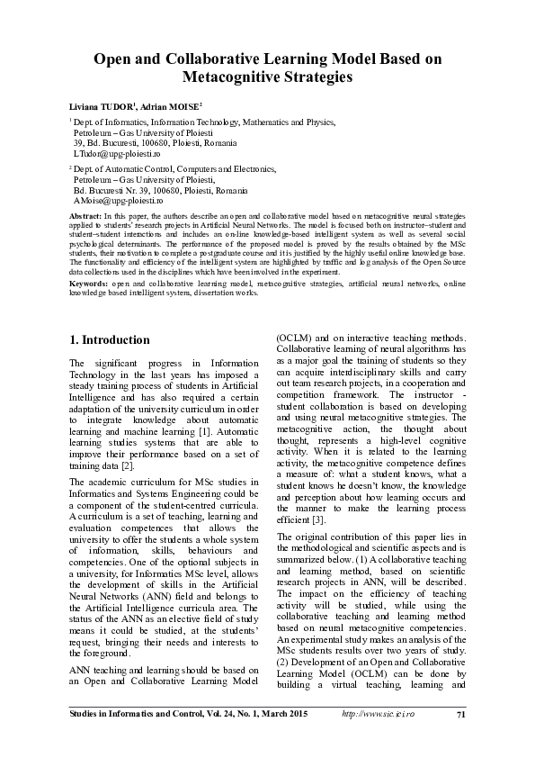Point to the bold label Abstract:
pos(86,218)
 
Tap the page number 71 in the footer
pos(460,715)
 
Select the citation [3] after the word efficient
pos(319,519)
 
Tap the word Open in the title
pos(115,59)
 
